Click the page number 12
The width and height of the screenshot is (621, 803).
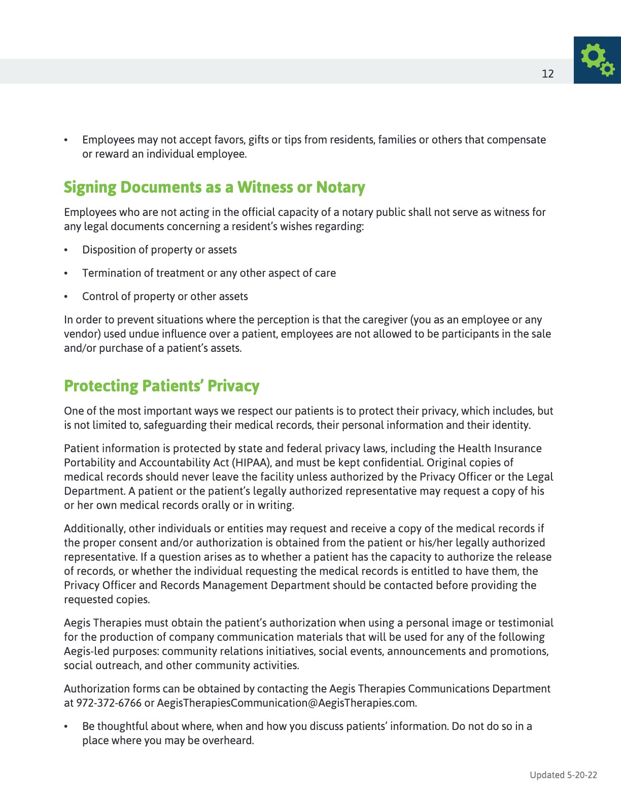tap(547, 74)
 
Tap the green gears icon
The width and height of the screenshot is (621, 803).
tap(597, 60)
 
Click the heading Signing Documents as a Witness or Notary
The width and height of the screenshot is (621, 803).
tap(214, 187)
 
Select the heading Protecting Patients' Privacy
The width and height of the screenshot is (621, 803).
tap(161, 386)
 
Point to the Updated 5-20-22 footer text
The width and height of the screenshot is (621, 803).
tap(563, 775)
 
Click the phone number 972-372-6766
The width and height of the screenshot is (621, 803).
tap(109, 703)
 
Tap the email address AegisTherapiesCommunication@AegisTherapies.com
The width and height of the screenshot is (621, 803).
tap(287, 703)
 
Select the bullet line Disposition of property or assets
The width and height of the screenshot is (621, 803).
tap(159, 250)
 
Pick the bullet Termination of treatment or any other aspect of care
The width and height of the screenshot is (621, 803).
tap(209, 273)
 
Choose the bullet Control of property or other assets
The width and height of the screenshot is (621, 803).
tap(165, 297)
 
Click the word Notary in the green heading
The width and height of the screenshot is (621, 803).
tap(340, 187)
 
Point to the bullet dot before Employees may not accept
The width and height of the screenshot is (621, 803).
tap(66, 140)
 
